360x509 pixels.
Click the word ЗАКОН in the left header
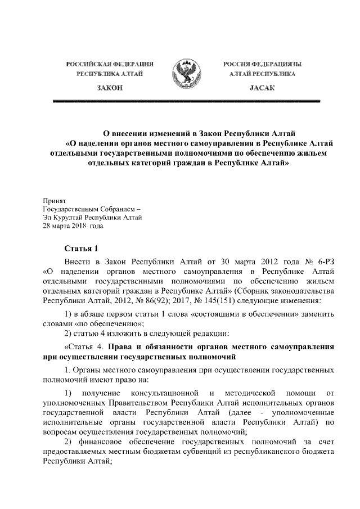(x=110, y=89)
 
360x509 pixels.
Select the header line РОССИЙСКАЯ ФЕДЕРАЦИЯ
(x=110, y=64)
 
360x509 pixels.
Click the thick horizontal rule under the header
(x=186, y=101)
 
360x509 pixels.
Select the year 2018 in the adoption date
(x=74, y=226)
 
